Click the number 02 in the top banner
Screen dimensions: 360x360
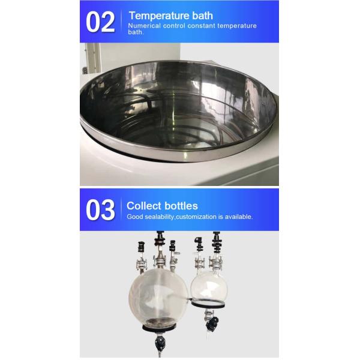pos(100,22)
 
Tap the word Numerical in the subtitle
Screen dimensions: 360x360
pos(144,26)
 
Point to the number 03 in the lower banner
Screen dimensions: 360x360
pos(100,210)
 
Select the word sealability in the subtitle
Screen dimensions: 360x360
pos(160,217)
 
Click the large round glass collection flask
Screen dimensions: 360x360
pos(158,298)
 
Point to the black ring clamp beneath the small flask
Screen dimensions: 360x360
pos(208,304)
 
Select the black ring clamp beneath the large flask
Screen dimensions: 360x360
pos(160,328)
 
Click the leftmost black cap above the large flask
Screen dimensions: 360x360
pos(142,247)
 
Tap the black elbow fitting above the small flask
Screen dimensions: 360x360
pos(199,244)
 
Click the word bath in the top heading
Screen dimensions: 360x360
pos(203,16)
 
